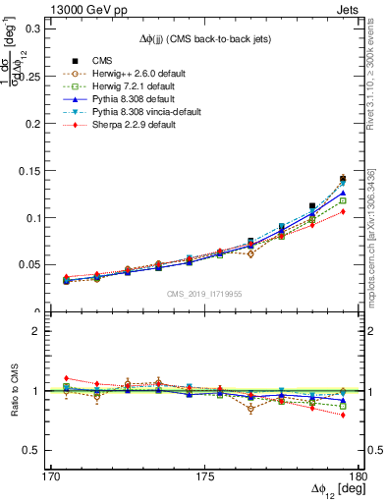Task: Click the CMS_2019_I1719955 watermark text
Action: click(205, 293)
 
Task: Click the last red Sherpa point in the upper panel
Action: click(343, 211)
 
